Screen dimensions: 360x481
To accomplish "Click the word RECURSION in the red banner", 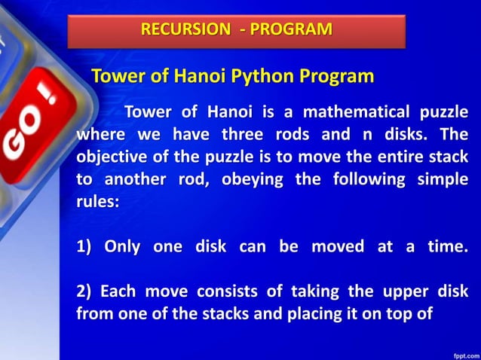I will click(x=185, y=30).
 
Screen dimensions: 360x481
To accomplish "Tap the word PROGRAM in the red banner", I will click(x=291, y=30).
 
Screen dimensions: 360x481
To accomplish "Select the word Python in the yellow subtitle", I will click(x=253, y=76).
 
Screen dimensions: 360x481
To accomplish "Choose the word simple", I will click(x=441, y=181).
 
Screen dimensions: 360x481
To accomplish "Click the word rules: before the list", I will click(x=98, y=203).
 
